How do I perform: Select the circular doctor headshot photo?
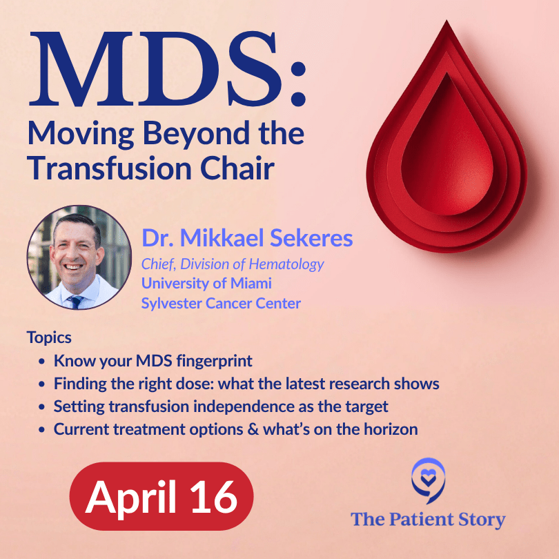tap(79, 257)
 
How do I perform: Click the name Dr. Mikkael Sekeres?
tap(247, 239)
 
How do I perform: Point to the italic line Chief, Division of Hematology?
tap(233, 264)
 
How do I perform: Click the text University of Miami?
tap(206, 283)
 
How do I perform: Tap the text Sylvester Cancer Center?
tap(221, 303)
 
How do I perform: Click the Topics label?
tap(49, 338)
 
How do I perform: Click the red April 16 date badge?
tap(161, 496)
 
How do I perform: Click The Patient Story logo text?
tap(428, 519)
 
